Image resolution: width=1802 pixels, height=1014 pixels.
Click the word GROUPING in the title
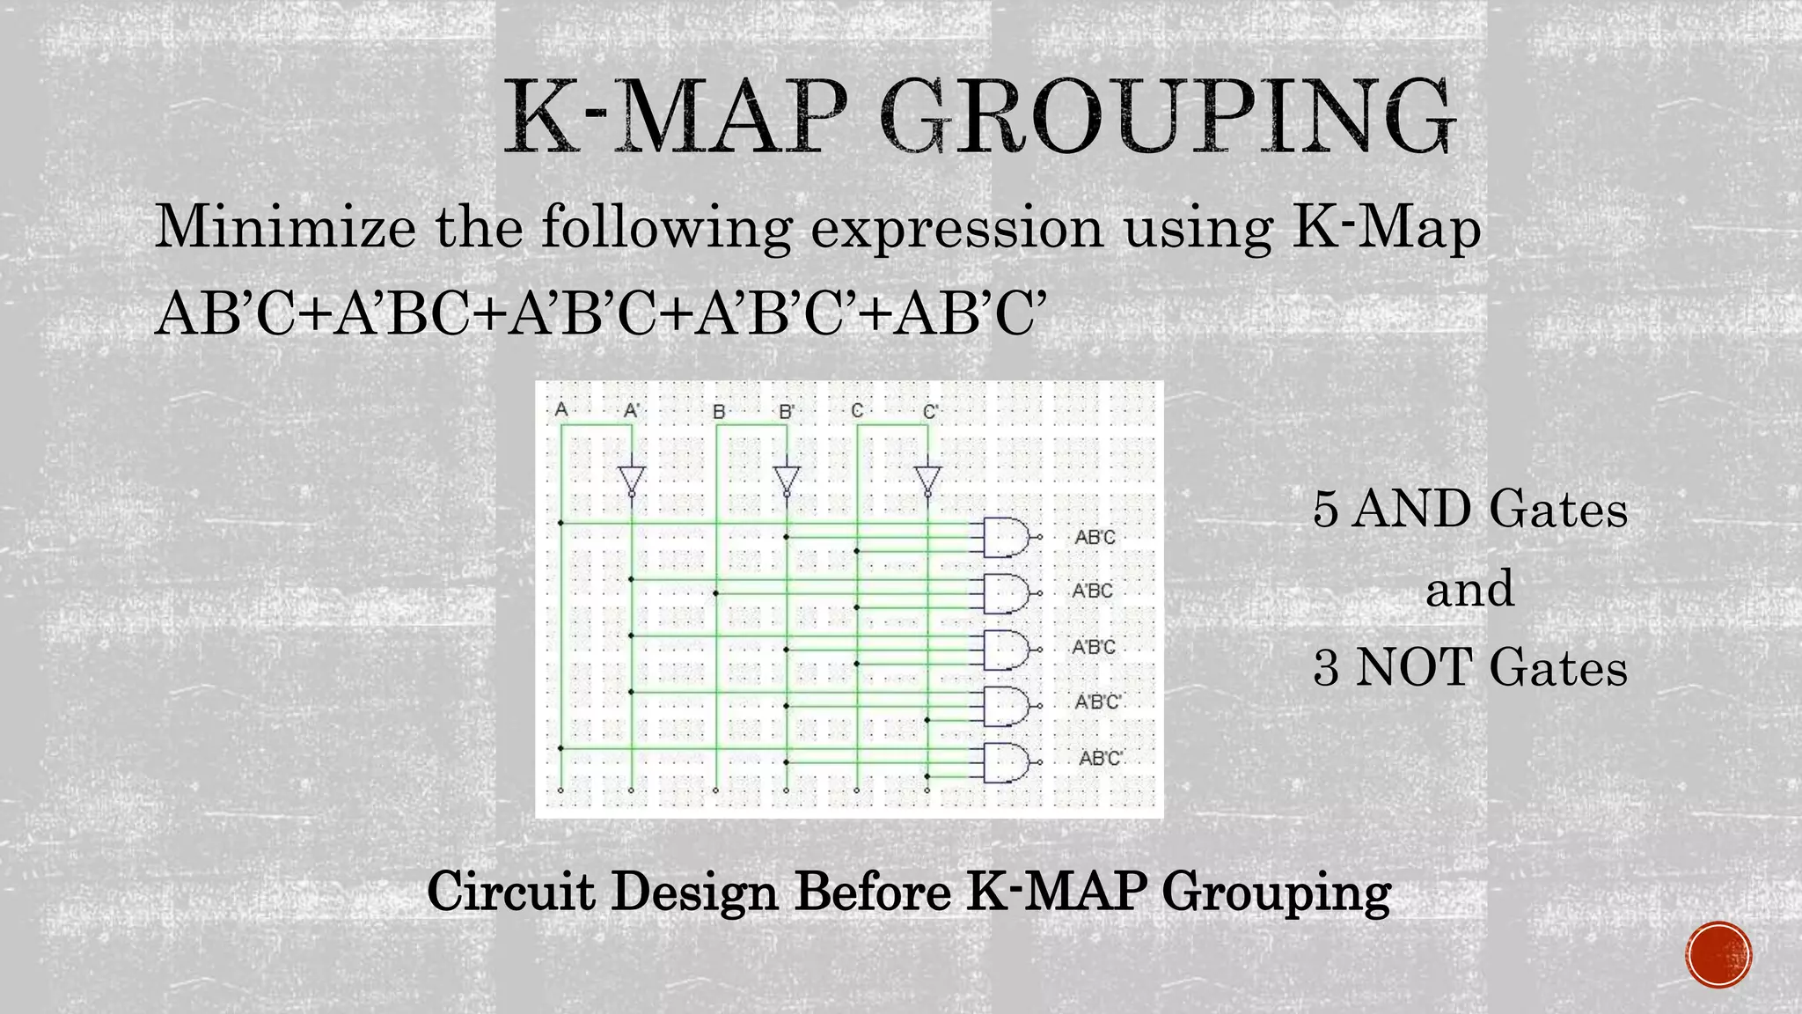click(1166, 119)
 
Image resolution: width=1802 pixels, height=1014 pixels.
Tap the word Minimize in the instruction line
click(284, 227)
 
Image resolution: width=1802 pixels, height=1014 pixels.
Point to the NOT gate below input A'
click(632, 481)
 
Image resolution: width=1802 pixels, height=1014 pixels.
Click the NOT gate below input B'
click(787, 481)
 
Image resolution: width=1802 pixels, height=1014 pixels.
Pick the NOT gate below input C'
click(927, 481)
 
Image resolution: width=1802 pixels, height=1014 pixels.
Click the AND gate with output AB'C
click(1006, 537)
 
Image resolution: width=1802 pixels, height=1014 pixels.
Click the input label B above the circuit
click(719, 411)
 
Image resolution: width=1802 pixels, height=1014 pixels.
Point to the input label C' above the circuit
click(931, 411)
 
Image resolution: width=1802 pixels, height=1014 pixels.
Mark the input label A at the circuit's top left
click(561, 409)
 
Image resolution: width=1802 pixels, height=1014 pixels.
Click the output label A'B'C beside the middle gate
click(1094, 648)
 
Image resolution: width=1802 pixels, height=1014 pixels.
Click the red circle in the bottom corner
click(1719, 955)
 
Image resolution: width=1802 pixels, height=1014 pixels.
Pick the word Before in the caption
click(872, 892)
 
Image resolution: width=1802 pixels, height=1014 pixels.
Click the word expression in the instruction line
click(956, 229)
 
